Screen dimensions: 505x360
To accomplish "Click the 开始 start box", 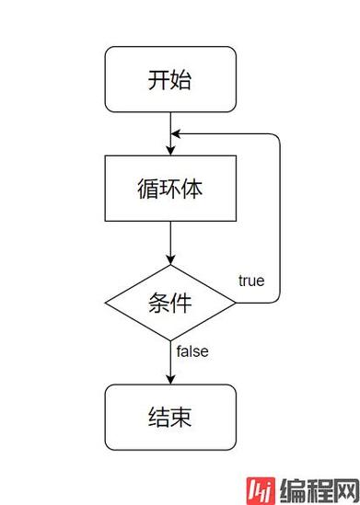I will [170, 79].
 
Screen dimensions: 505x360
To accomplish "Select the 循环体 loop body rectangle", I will [170, 189].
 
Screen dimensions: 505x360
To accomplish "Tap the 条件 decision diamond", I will [170, 302].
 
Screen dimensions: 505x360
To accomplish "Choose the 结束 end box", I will [170, 417].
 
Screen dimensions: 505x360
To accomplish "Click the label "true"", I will [250, 280].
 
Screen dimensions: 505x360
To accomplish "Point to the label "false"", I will [192, 351].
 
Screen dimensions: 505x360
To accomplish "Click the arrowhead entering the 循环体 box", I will [170, 149].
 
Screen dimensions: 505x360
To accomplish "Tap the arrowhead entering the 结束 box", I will [170, 378].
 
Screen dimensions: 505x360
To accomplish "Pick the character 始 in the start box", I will [181, 79].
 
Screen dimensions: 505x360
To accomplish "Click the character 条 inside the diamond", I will [158, 302].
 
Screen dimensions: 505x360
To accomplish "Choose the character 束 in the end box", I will [181, 417].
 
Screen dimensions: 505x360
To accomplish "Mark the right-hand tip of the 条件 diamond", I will [236, 302].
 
